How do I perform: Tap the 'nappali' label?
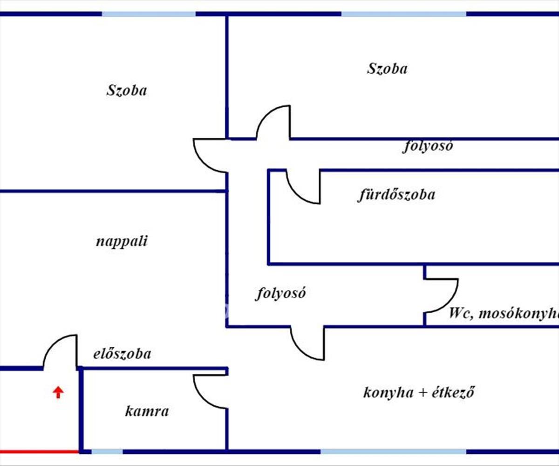tap(122, 241)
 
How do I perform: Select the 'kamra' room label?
tap(147, 411)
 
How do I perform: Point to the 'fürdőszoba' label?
tap(396, 194)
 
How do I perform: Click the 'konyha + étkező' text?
tap(418, 392)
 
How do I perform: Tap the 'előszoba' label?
tap(122, 354)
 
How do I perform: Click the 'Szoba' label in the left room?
tap(126, 90)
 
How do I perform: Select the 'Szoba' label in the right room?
tap(387, 69)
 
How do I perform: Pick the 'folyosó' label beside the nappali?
tap(280, 294)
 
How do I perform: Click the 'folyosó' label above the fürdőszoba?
tap(428, 146)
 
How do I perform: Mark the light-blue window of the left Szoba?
tap(149, 14)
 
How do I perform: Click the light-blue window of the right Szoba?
tap(403, 14)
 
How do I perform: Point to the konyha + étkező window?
tap(393, 452)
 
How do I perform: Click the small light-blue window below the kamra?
tap(107, 452)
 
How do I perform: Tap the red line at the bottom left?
tap(39, 452)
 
